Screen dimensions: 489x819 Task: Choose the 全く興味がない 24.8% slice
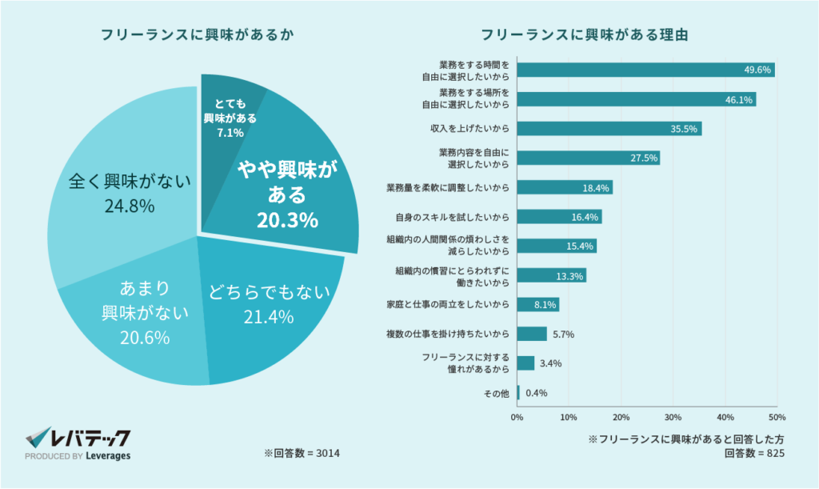[x=120, y=192]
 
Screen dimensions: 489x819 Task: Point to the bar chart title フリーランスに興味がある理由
[x=585, y=35]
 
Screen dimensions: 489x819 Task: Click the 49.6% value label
[x=757, y=70]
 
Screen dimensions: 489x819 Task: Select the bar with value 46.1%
[x=636, y=99]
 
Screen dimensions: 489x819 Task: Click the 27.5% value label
[x=644, y=158]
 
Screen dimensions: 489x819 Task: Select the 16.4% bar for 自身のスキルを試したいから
[x=559, y=217]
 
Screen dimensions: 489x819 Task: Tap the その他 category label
[x=496, y=393]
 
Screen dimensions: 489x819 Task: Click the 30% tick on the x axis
[x=673, y=417]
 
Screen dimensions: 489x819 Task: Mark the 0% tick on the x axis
[x=517, y=417]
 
